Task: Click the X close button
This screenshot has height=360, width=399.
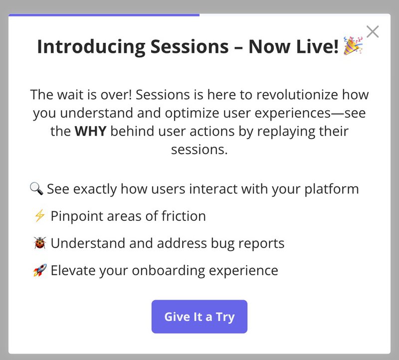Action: click(372, 32)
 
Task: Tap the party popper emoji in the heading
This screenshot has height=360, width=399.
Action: click(354, 47)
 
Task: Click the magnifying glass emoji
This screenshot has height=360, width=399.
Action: click(36, 189)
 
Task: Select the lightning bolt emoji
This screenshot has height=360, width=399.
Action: click(39, 216)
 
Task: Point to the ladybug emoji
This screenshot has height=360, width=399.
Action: click(39, 243)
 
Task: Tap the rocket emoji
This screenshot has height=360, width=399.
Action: click(39, 270)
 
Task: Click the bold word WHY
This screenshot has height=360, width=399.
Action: click(90, 132)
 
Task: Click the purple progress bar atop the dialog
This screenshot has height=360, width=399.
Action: click(104, 15)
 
